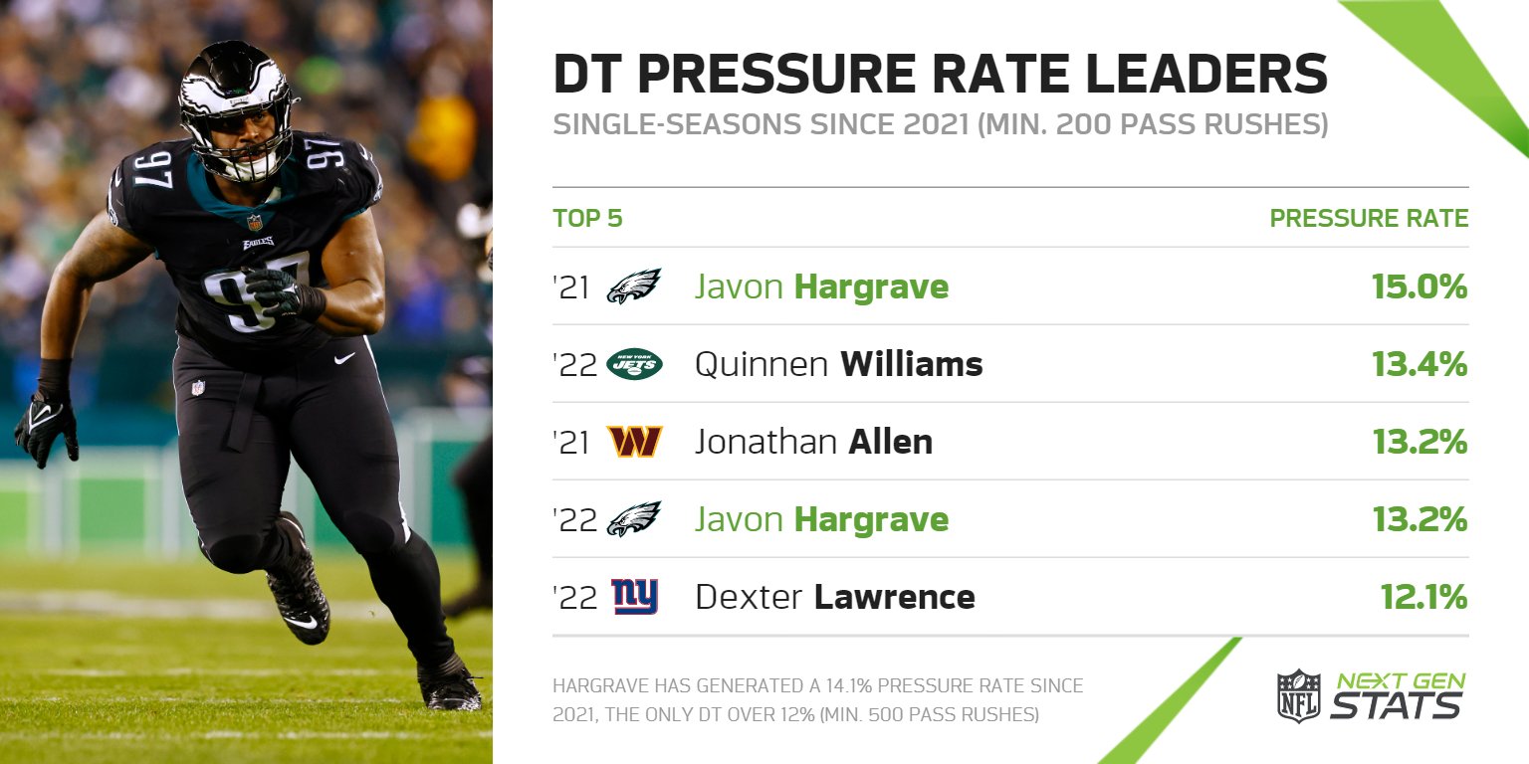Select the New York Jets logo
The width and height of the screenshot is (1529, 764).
tap(634, 365)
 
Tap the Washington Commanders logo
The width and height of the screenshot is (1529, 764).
tap(634, 442)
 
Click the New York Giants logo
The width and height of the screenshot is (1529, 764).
tap(634, 597)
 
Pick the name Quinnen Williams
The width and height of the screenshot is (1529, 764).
tap(838, 365)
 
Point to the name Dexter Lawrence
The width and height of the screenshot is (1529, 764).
tap(834, 597)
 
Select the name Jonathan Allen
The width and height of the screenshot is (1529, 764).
tap(813, 442)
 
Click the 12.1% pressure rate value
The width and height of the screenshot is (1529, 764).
tap(1423, 597)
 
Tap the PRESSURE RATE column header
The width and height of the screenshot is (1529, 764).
tap(1368, 218)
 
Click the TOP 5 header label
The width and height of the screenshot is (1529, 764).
tap(587, 218)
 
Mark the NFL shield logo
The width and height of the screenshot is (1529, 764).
tap(1298, 695)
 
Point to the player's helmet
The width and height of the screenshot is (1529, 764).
tap(236, 104)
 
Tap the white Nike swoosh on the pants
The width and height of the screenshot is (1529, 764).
tap(344, 358)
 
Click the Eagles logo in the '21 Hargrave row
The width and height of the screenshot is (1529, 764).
tap(634, 286)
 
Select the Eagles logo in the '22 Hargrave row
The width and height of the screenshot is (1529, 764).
tap(634, 519)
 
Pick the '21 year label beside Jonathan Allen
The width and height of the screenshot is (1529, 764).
tap(571, 442)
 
